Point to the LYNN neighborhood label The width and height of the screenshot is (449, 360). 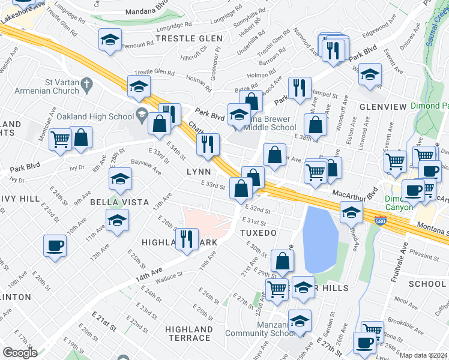[199, 172]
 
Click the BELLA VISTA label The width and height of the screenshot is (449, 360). [119, 202]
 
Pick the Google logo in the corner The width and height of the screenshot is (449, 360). [20, 353]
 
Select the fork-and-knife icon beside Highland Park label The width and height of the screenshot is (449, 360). [188, 239]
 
